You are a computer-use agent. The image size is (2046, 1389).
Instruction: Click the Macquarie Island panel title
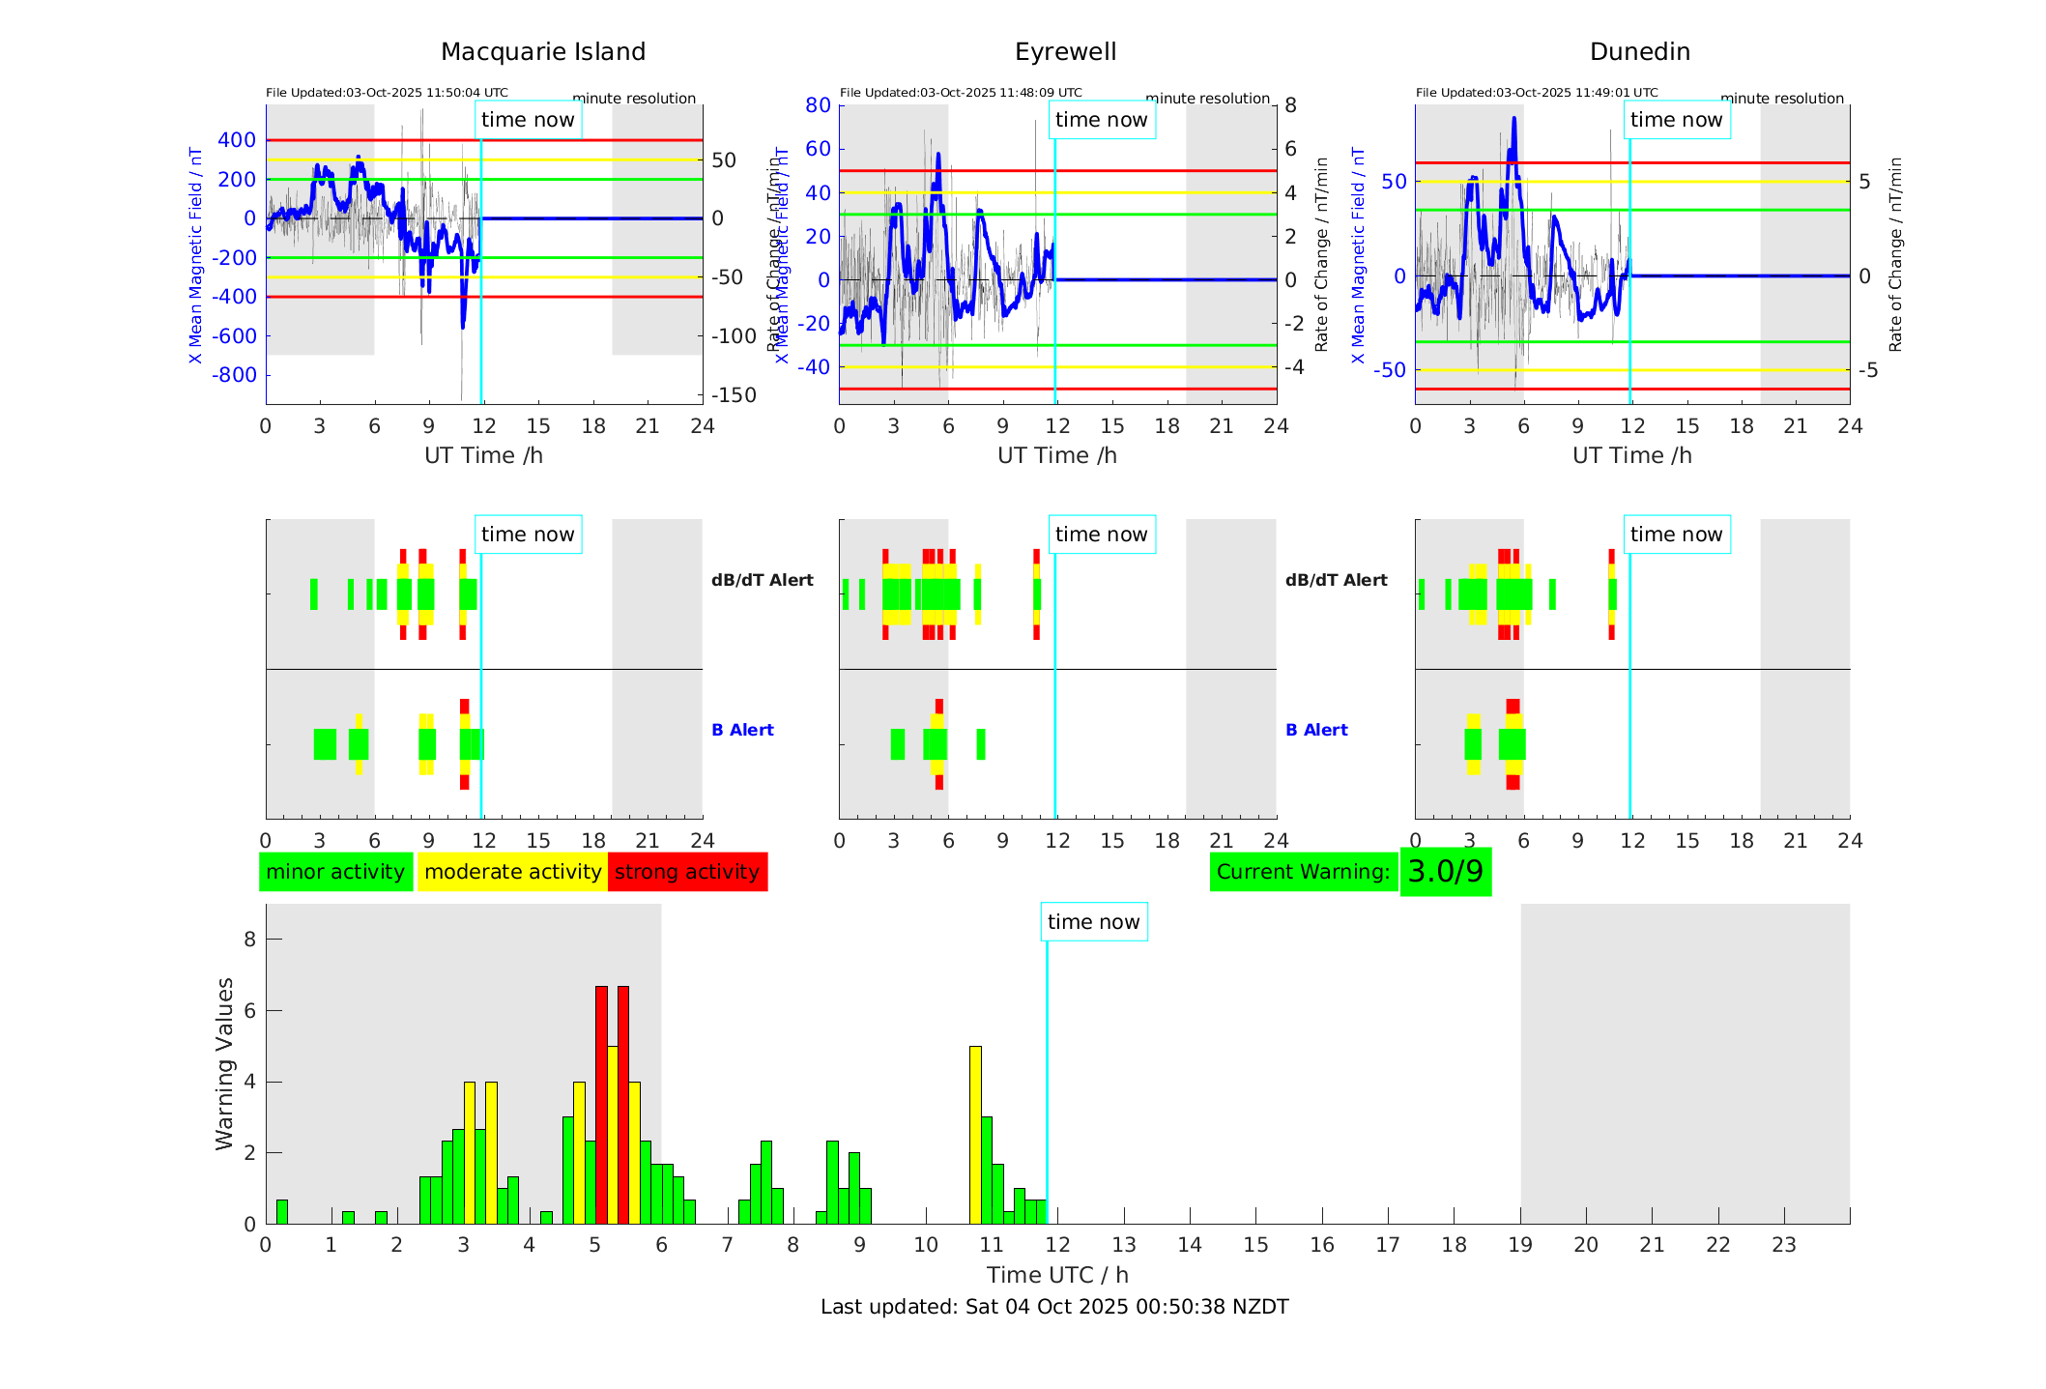pyautogui.click(x=543, y=52)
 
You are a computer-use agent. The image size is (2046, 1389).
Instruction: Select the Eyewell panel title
pyautogui.click(x=1065, y=52)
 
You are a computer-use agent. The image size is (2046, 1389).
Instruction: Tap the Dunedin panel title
pyautogui.click(x=1639, y=52)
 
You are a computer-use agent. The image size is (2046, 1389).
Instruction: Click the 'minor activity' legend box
pyautogui.click(x=335, y=872)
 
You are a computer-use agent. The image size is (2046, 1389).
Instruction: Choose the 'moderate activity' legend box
pyautogui.click(x=512, y=872)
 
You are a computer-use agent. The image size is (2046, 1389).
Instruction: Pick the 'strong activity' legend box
pyautogui.click(x=687, y=872)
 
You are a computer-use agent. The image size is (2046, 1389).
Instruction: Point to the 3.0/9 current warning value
pyautogui.click(x=1445, y=872)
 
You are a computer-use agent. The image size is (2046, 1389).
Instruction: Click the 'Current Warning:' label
pyautogui.click(x=1303, y=872)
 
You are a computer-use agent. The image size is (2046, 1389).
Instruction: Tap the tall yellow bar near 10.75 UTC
pyautogui.click(x=975, y=1135)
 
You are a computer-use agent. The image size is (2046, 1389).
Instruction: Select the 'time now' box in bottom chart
pyautogui.click(x=1093, y=922)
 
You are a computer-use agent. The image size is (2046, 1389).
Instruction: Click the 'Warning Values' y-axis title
pyautogui.click(x=224, y=1063)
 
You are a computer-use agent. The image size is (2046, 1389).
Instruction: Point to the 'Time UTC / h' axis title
pyautogui.click(x=1057, y=1275)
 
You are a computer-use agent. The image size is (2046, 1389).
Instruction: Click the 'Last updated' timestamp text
pyautogui.click(x=1054, y=1307)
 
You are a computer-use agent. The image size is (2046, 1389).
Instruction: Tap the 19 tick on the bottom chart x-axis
pyautogui.click(x=1520, y=1245)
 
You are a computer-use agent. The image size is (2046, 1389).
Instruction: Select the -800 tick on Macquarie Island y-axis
pyautogui.click(x=237, y=375)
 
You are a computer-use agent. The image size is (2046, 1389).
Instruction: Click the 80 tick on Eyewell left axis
pyautogui.click(x=818, y=105)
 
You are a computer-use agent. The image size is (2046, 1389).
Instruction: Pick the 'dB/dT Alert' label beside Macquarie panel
pyautogui.click(x=762, y=580)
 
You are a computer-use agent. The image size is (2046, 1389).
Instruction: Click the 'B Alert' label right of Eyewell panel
pyautogui.click(x=1316, y=730)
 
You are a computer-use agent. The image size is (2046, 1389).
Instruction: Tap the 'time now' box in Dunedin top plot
pyautogui.click(x=1676, y=120)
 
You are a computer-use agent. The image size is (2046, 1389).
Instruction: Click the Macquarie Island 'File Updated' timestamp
pyautogui.click(x=387, y=93)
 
